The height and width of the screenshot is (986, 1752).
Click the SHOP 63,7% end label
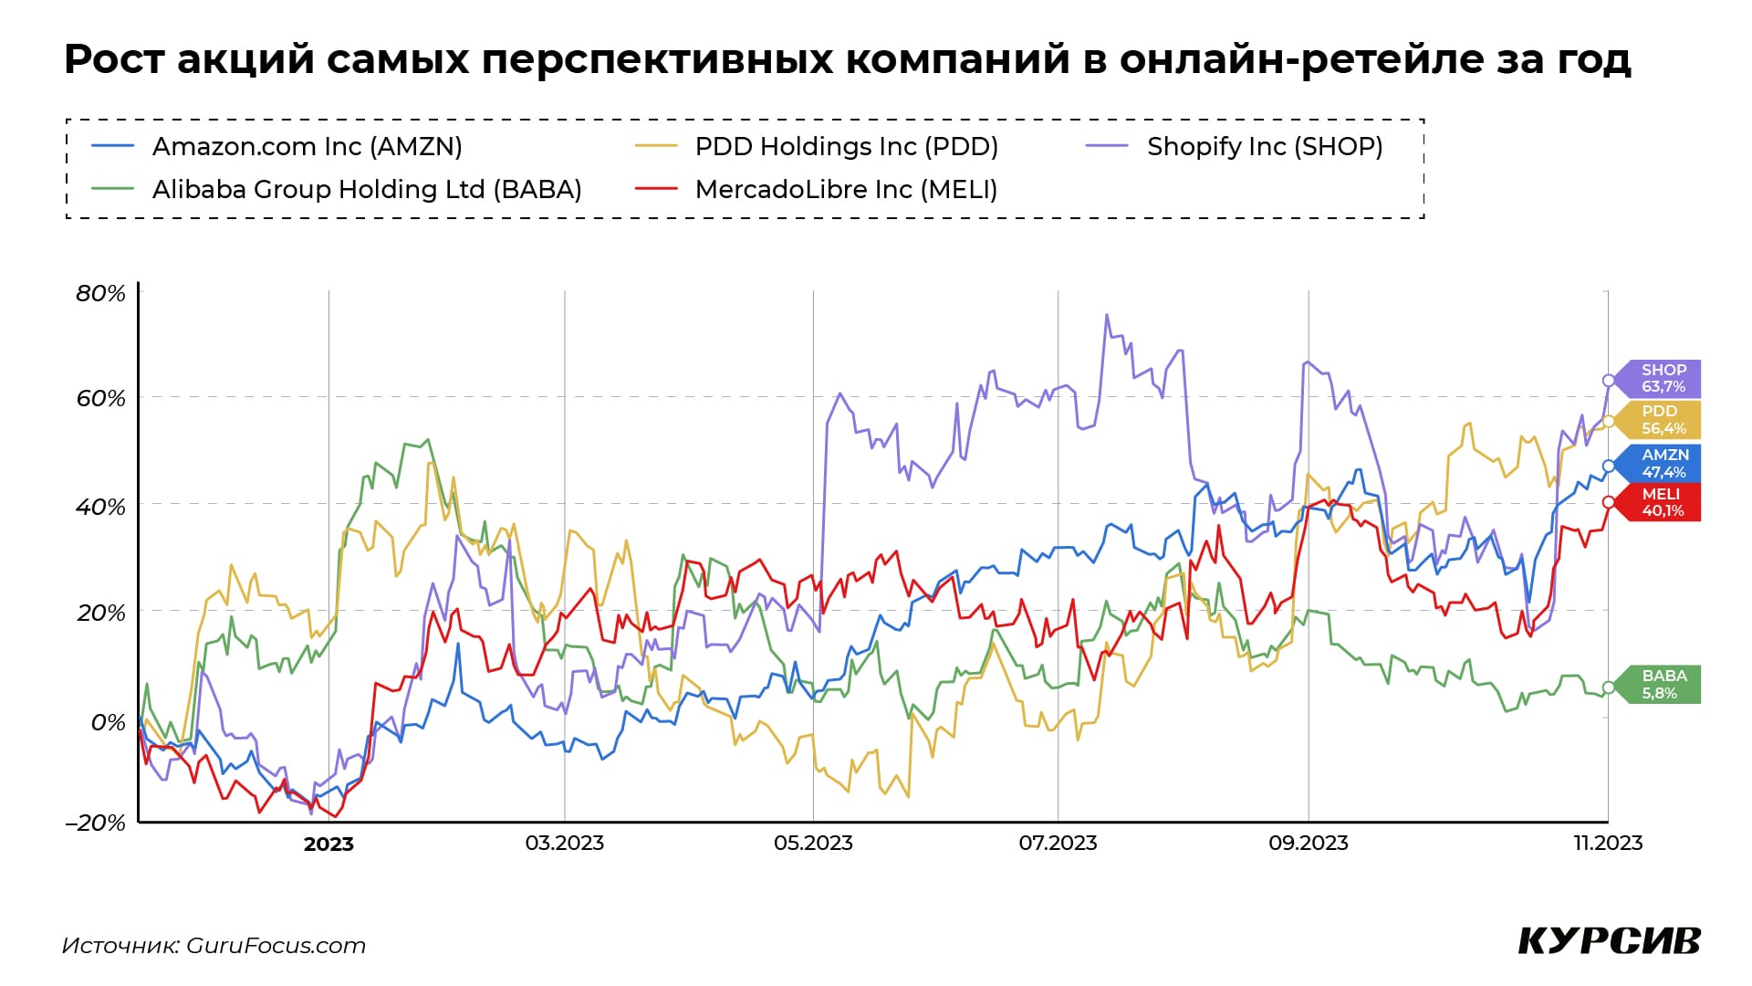coord(1662,378)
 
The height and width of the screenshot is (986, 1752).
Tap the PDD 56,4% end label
coord(1662,420)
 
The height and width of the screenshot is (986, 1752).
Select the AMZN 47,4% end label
coord(1663,464)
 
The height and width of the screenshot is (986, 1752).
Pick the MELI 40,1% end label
coord(1662,502)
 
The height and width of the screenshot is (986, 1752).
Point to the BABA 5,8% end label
coord(1663,685)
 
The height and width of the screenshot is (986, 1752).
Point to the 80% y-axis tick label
coord(100,293)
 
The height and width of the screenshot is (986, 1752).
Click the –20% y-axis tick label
coord(95,823)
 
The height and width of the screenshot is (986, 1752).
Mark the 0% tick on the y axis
coord(108,722)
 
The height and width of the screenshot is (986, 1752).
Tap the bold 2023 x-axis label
coord(328,844)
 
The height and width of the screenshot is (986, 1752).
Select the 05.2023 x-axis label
coord(813,843)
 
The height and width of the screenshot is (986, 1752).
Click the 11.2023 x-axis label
coord(1608,843)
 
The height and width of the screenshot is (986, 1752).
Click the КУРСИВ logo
coord(1609,941)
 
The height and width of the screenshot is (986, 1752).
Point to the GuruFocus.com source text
coord(276,946)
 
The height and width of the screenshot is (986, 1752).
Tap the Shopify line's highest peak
coord(1107,315)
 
